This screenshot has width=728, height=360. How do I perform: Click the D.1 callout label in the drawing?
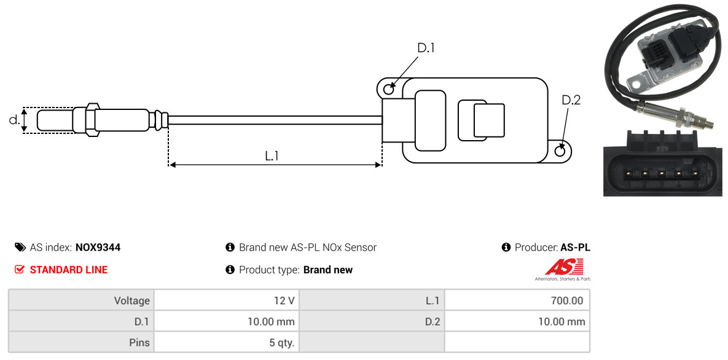click(x=426, y=48)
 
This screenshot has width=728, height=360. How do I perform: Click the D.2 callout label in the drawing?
click(x=571, y=100)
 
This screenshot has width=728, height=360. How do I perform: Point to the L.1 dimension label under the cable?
click(x=272, y=156)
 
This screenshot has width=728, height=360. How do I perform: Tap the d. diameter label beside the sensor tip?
click(x=14, y=119)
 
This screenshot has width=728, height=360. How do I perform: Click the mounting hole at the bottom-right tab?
click(x=561, y=150)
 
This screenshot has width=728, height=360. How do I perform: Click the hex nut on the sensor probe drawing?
click(x=92, y=120)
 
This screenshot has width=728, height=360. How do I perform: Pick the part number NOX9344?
click(x=98, y=248)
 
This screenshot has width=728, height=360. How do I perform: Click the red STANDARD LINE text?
click(x=69, y=270)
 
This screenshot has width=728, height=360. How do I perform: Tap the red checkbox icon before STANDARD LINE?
click(x=20, y=270)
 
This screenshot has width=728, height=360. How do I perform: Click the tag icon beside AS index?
click(x=20, y=247)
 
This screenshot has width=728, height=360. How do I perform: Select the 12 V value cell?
click(x=227, y=300)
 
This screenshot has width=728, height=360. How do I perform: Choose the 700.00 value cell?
click(x=517, y=300)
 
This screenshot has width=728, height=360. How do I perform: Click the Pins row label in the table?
click(x=139, y=343)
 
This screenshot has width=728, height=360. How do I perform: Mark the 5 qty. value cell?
click(x=227, y=343)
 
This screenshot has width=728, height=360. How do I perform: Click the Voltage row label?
click(x=132, y=300)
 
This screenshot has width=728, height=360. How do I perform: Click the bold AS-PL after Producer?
click(x=575, y=248)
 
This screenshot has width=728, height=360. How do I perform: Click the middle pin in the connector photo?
click(x=661, y=174)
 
